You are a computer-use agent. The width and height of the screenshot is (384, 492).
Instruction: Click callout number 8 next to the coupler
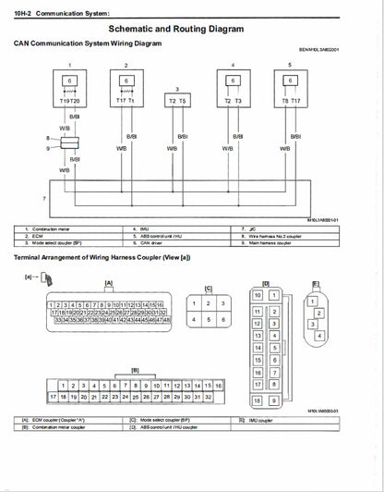click(47, 139)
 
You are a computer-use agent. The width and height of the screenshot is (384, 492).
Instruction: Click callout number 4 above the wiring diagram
click(233, 65)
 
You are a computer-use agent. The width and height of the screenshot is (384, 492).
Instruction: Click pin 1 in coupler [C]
click(194, 303)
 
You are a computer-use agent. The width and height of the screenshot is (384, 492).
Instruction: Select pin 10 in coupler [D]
click(258, 295)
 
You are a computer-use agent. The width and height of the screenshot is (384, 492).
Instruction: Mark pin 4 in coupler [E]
click(318, 334)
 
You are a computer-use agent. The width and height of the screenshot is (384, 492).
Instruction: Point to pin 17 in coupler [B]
click(53, 396)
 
